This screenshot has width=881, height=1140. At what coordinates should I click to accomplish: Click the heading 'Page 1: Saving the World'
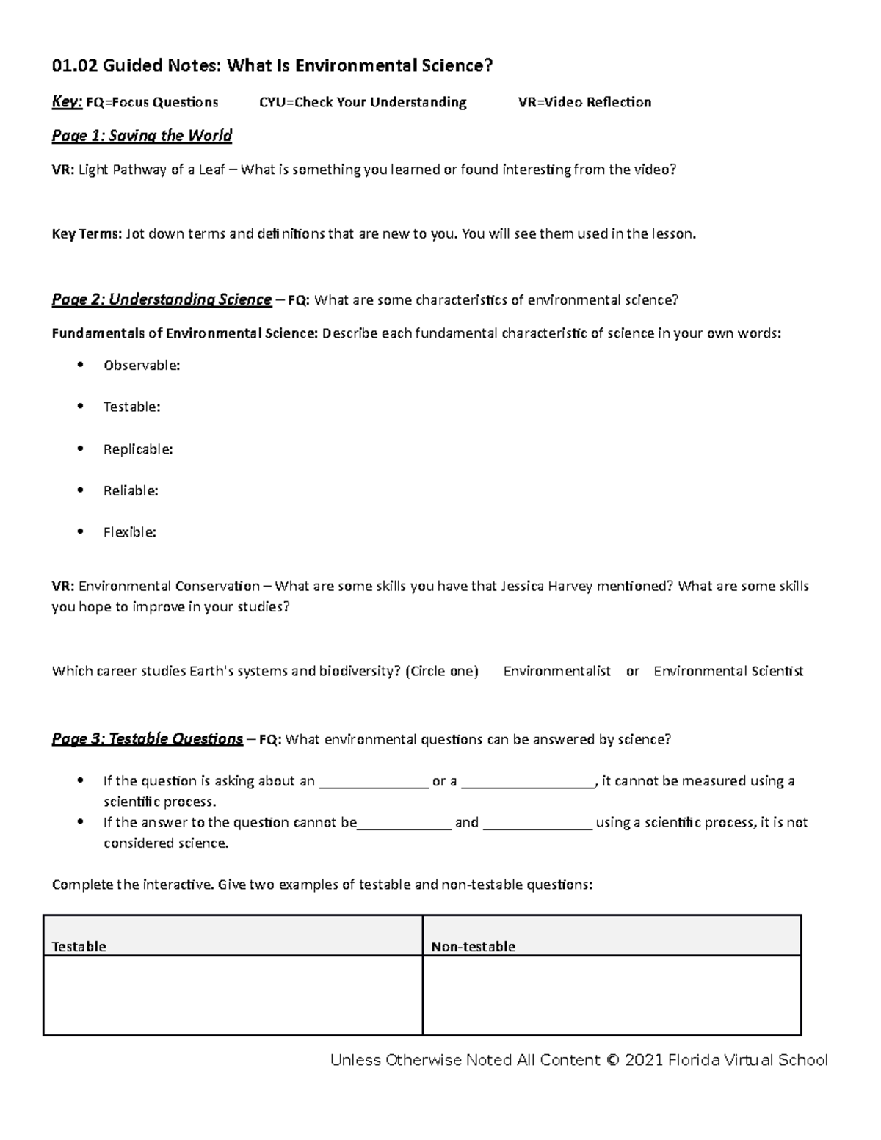[x=142, y=136]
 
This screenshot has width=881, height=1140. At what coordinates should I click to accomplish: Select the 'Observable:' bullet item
[x=141, y=366]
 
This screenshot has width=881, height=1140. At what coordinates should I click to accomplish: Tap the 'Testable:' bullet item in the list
[x=131, y=407]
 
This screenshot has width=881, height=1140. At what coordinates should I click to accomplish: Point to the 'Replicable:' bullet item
[x=137, y=449]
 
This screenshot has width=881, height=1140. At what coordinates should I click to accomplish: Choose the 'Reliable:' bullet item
[x=131, y=490]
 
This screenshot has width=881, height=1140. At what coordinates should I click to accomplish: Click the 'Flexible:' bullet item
[x=129, y=532]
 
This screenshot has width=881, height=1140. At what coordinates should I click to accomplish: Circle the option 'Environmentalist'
[x=556, y=671]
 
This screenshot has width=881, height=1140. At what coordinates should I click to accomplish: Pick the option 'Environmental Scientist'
[x=728, y=671]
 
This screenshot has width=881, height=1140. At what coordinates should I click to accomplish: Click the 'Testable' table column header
[x=79, y=946]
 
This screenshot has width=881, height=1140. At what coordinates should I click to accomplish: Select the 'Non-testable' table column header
[x=473, y=946]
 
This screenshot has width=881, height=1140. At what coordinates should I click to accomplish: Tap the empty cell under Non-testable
[x=611, y=995]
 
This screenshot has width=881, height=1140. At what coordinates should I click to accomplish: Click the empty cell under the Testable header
[x=233, y=995]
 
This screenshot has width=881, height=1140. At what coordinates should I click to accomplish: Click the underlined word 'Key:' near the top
[x=66, y=102]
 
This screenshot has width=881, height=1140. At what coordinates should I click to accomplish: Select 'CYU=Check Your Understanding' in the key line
[x=363, y=102]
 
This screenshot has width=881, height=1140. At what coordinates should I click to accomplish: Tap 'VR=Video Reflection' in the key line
[x=584, y=102]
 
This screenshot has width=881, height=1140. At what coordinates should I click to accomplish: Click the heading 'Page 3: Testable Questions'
[x=147, y=739]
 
